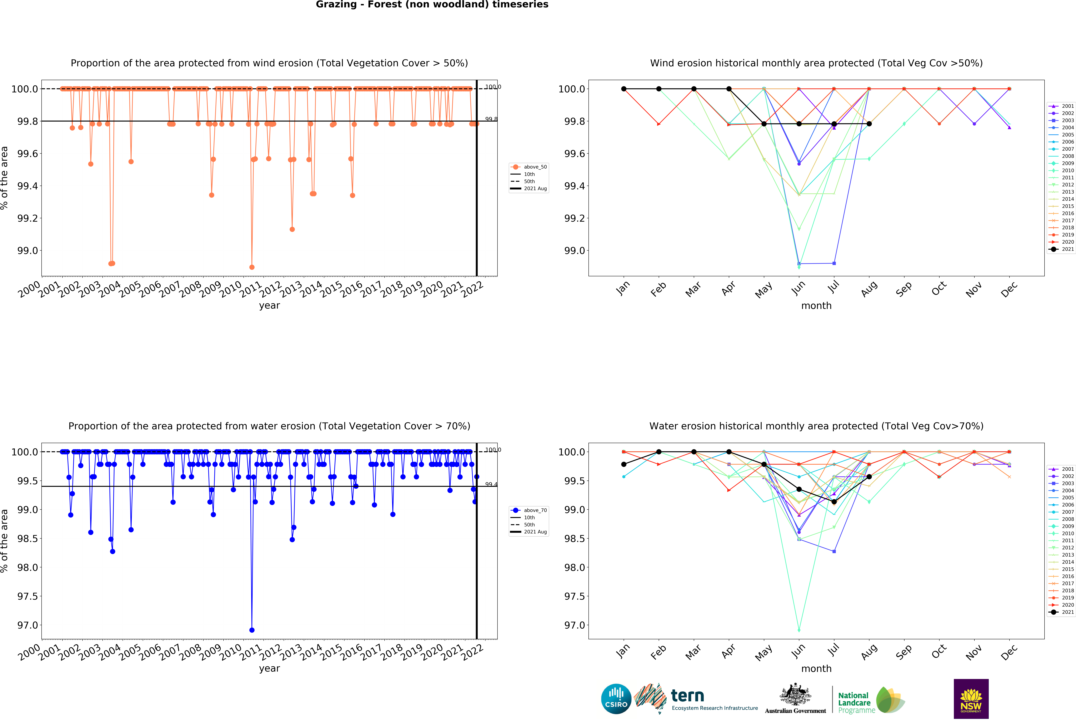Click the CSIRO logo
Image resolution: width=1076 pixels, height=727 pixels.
pyautogui.click(x=616, y=699)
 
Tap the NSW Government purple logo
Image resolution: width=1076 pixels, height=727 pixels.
pyautogui.click(x=971, y=699)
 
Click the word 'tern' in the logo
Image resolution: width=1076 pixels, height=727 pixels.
pyautogui.click(x=688, y=695)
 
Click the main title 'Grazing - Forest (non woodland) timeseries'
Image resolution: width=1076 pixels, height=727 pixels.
pyautogui.click(x=432, y=5)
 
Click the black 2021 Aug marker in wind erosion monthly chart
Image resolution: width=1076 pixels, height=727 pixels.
pyautogui.click(x=869, y=124)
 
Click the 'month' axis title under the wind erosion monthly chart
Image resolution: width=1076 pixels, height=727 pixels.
pyautogui.click(x=816, y=306)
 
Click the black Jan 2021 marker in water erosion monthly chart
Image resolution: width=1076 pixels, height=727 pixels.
pyautogui.click(x=624, y=464)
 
